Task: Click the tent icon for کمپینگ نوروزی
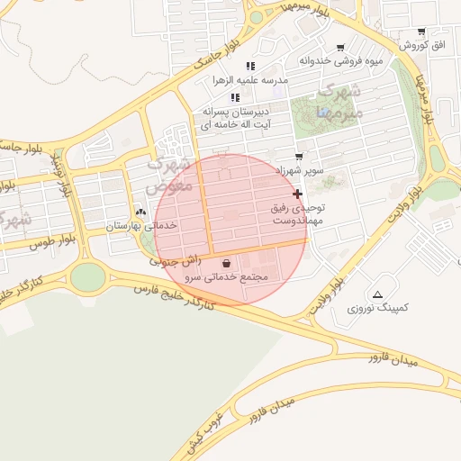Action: [377, 294]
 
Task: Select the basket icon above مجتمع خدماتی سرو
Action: [226, 264]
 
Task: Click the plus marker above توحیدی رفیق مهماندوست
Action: [297, 194]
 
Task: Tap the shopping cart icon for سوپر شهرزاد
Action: [299, 157]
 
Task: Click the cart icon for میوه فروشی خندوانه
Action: [340, 48]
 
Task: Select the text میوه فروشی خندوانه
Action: [340, 61]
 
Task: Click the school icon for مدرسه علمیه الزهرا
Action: [250, 66]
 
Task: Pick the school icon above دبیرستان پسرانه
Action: [235, 97]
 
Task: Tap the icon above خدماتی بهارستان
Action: [140, 212]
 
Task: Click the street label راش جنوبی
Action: [170, 260]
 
